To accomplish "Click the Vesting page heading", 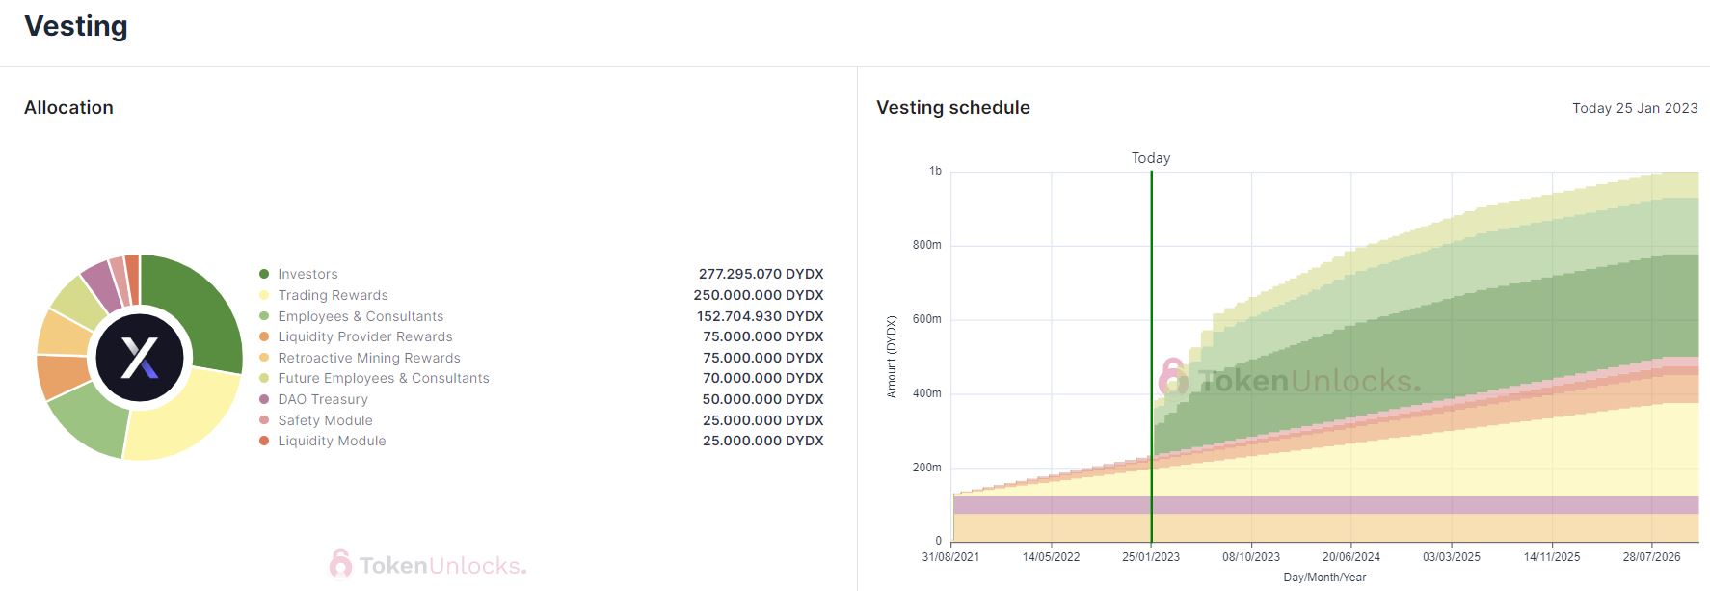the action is pyautogui.click(x=76, y=26).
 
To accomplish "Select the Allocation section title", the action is pyautogui.click(x=68, y=108).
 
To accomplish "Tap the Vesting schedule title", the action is pyautogui.click(x=952, y=108).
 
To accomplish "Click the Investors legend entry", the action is pyautogui.click(x=307, y=274).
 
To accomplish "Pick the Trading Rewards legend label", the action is pyautogui.click(x=333, y=295).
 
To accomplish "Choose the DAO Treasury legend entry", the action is pyautogui.click(x=323, y=399).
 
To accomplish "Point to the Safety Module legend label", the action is pyautogui.click(x=325, y=420).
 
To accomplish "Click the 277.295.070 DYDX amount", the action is pyautogui.click(x=761, y=274).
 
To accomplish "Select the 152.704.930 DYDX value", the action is pyautogui.click(x=760, y=316).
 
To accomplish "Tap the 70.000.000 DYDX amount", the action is pyautogui.click(x=763, y=378).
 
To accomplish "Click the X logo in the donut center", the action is pyautogui.click(x=140, y=358).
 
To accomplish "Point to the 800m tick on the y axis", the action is pyautogui.click(x=927, y=245).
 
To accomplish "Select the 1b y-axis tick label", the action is pyautogui.click(x=935, y=171).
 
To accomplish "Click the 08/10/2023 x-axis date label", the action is pyautogui.click(x=1251, y=557).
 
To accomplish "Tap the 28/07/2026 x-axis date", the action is pyautogui.click(x=1651, y=557).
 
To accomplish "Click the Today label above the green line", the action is pyautogui.click(x=1151, y=158).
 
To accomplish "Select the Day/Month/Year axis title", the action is pyautogui.click(x=1324, y=578).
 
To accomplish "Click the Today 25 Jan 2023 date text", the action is pyautogui.click(x=1635, y=108).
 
